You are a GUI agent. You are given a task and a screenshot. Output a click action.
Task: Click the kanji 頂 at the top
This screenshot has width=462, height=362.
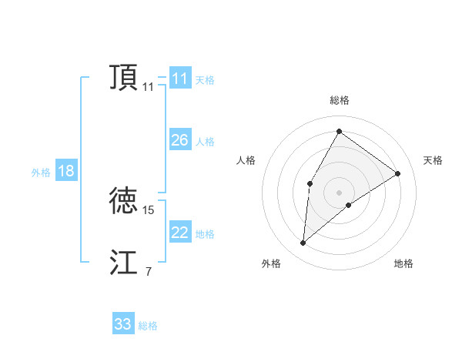pos(124,78)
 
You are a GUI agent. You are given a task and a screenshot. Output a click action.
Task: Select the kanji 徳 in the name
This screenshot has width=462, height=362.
pos(124,200)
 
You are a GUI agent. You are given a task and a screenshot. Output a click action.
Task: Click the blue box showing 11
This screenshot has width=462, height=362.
pos(180,79)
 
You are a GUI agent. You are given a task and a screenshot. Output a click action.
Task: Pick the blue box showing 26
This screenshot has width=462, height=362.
pos(180,140)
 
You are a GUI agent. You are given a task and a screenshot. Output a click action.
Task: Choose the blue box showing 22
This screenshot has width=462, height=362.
pos(180,233)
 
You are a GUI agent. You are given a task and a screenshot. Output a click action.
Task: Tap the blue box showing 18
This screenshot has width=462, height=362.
pos(66,171)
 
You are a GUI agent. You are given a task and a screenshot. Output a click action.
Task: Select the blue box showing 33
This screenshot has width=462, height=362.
pos(123,324)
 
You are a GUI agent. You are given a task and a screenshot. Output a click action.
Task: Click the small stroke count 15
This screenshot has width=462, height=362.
pos(149,209)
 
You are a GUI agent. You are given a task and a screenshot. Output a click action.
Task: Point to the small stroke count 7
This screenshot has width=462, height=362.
pos(149,271)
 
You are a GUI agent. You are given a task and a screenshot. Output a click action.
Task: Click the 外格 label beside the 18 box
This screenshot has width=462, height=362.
pos(41,173)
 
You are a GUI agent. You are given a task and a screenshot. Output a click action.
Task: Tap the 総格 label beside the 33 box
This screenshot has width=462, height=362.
pos(148,326)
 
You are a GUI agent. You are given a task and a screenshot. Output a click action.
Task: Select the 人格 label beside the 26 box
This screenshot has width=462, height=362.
pos(205,142)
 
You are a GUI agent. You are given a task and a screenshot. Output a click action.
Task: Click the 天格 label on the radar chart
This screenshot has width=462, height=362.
pos(433,160)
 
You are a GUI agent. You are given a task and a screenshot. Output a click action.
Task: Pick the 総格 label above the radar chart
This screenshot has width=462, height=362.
pos(340,100)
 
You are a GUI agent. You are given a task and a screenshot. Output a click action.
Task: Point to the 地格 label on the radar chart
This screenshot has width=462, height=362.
pos(403,263)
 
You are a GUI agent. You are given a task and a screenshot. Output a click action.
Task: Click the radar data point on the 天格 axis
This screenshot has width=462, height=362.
pos(398,173)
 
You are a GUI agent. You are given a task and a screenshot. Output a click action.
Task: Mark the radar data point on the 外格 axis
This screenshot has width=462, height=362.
pos(303,243)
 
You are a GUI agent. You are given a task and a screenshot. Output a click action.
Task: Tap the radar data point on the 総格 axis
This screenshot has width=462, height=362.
pos(339,131)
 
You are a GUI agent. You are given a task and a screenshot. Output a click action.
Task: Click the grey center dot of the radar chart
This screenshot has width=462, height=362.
pos(339,192)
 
